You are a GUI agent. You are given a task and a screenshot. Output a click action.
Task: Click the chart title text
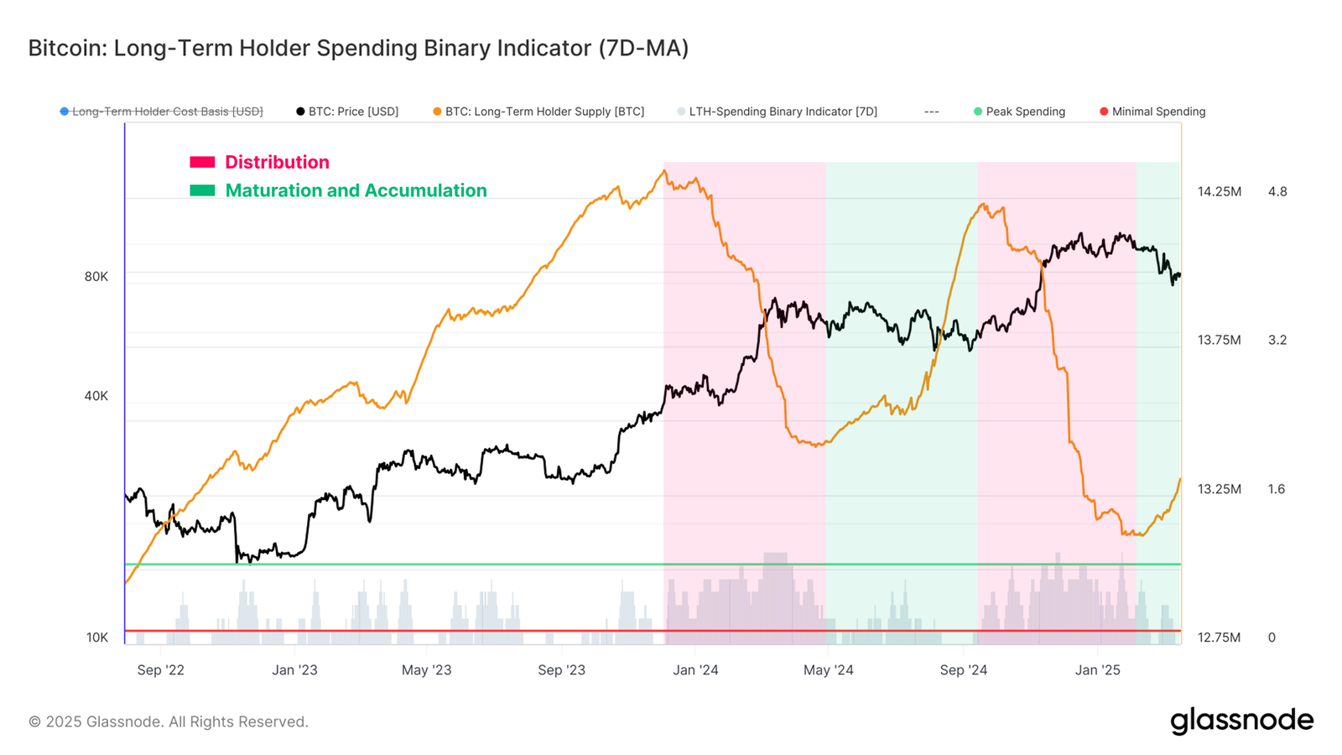(358, 48)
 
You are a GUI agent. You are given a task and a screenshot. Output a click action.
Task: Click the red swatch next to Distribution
(202, 162)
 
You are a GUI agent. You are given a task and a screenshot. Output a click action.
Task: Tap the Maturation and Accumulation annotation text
(356, 190)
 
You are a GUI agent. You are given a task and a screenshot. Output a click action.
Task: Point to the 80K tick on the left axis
(96, 277)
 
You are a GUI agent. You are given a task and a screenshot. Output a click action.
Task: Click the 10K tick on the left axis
(97, 638)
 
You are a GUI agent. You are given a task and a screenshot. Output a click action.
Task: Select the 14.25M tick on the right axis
(1219, 192)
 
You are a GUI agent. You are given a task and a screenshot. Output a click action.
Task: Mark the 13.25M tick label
(1219, 489)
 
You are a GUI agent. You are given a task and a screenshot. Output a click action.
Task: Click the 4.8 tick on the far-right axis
(1277, 192)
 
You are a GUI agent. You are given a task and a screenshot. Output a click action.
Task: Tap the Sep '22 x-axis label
(160, 670)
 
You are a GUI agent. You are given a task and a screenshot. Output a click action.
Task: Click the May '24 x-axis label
(828, 670)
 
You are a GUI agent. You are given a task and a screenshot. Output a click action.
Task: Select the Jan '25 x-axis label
(1097, 670)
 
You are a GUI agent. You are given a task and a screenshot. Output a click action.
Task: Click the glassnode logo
(1241, 721)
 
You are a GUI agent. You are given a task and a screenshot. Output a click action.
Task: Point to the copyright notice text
(169, 722)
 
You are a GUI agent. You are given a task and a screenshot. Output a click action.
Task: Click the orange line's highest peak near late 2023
(664, 172)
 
